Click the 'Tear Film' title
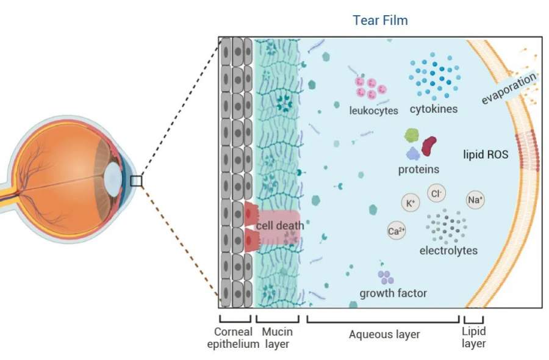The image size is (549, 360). coord(380,20)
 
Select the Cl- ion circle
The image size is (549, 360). coord(436,193)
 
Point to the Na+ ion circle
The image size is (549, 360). coord(475,200)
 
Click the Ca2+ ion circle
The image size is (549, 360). coord(396,231)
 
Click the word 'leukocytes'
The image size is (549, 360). coord(374,110)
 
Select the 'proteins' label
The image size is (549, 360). coord(418,169)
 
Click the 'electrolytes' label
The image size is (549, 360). coord(448,250)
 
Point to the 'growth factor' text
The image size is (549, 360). coord(393,293)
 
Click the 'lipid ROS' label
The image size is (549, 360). coord(486,154)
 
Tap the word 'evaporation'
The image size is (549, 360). coord(509,88)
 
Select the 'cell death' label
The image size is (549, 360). coord(279,225)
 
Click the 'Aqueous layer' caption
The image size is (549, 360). coord(384,334)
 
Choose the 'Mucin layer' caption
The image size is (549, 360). coord(278,337)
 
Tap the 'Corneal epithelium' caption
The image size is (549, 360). coord(233,337)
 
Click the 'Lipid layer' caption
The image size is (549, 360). coord(473,337)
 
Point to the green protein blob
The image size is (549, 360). coord(412,136)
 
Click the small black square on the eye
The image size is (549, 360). coord(136,181)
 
